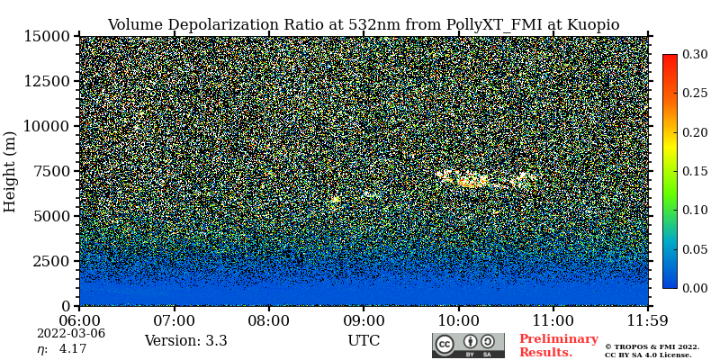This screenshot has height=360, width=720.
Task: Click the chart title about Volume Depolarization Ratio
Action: tap(363, 24)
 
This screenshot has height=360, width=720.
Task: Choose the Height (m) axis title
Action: tap(11, 171)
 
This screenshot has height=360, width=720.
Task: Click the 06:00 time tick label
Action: tap(79, 320)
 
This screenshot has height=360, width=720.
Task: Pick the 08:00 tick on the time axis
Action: tap(268, 320)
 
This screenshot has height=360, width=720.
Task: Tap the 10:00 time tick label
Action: tap(458, 320)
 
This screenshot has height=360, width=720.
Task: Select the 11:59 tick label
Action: tap(647, 320)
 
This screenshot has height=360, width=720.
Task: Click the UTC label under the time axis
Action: tap(364, 341)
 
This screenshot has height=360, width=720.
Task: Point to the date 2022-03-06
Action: tap(71, 333)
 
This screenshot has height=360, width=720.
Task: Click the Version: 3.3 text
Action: tap(185, 341)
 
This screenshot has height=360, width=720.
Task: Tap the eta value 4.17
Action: tap(73, 349)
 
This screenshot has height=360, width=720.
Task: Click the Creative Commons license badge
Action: tap(468, 346)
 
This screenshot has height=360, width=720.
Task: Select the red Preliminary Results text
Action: tap(558, 346)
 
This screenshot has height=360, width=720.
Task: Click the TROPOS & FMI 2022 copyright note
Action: tap(652, 346)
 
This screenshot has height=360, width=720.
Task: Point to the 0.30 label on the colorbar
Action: tap(694, 55)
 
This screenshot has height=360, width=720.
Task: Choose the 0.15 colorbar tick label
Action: tap(694, 171)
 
